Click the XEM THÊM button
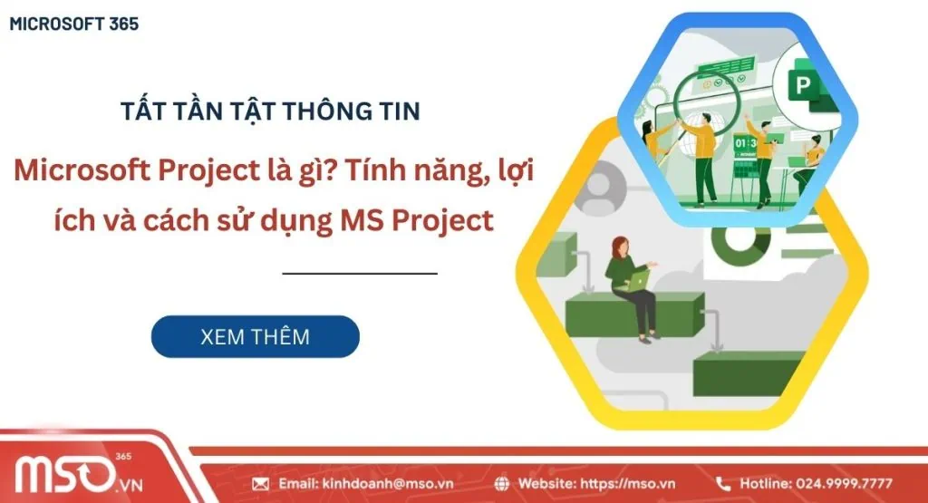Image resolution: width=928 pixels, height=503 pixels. (x=255, y=336)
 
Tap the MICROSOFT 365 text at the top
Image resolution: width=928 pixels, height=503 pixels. (x=74, y=24)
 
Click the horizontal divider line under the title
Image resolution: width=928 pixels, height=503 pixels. (x=359, y=272)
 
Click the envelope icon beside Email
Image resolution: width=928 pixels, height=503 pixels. (x=261, y=483)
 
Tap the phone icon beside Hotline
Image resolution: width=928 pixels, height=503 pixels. (x=723, y=483)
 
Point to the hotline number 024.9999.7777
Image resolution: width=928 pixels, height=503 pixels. (x=849, y=483)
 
